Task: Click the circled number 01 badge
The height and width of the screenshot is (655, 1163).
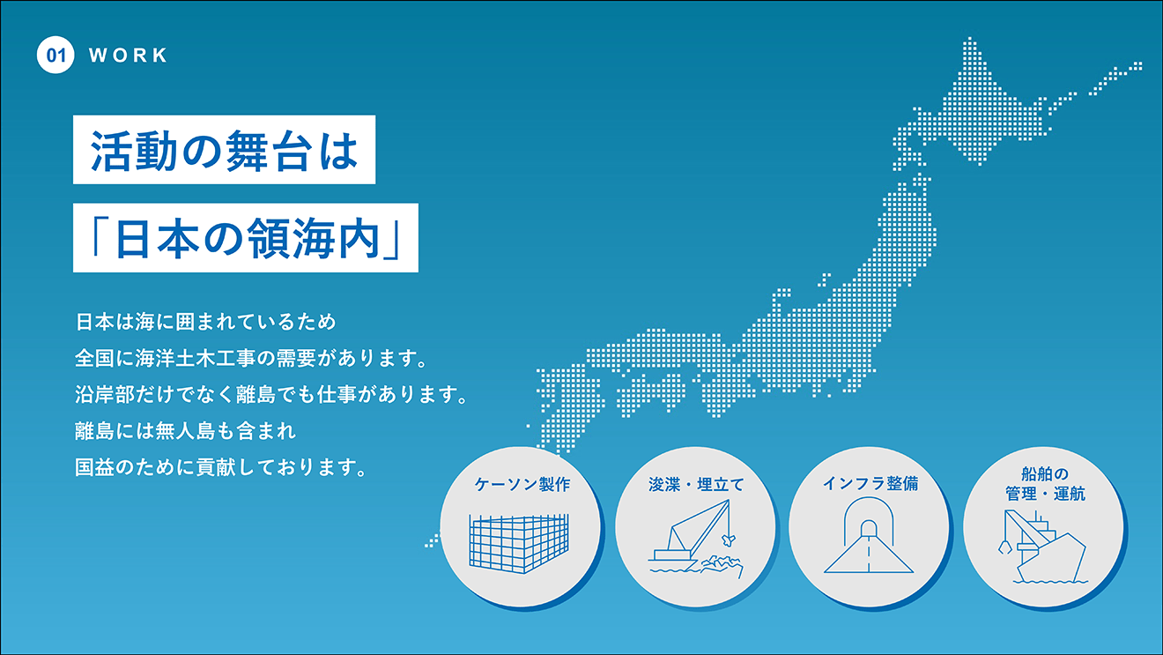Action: click(56, 55)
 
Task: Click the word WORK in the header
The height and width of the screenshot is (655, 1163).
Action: click(128, 55)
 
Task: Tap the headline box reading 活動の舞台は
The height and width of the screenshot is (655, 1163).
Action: click(225, 150)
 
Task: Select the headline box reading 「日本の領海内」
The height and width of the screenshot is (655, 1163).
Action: click(246, 237)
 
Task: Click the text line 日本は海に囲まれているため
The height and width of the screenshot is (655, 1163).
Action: click(205, 322)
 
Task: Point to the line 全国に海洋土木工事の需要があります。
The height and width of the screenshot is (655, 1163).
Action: click(251, 359)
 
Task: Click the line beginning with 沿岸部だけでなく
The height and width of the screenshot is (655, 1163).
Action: click(271, 395)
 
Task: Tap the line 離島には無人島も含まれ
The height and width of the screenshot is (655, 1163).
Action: click(185, 431)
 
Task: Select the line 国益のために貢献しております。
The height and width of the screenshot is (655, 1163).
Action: click(221, 467)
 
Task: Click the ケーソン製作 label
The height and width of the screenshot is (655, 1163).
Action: click(522, 484)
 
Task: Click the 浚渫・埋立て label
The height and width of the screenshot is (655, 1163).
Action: click(696, 485)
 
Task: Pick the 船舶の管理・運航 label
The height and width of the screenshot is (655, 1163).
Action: click(1045, 484)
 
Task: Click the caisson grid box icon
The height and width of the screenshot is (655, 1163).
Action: click(519, 543)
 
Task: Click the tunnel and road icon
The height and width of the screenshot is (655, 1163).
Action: click(869, 535)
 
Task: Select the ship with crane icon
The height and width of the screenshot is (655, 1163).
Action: click(1043, 547)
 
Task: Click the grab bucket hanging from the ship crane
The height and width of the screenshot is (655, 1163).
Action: click(1004, 547)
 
